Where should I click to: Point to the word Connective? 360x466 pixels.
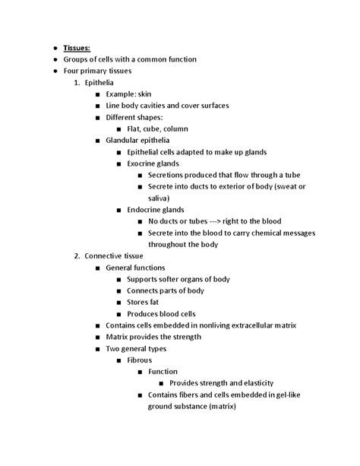pyautogui.click(x=107, y=256)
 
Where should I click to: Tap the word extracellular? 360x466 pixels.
pyautogui.click(x=257, y=325)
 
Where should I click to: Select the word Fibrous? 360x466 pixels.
pyautogui.click(x=141, y=360)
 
